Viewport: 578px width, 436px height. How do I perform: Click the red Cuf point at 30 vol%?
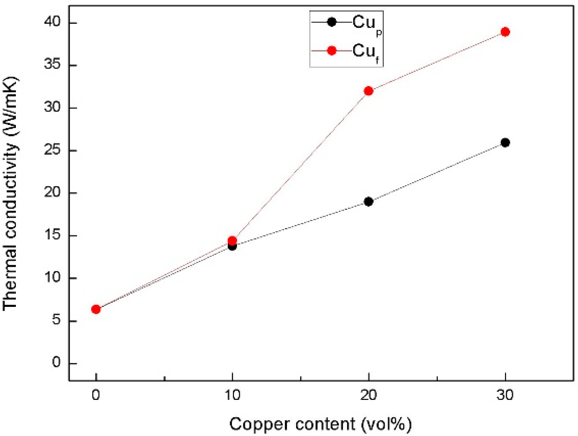(x=505, y=32)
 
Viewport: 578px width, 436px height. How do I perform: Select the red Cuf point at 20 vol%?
(x=368, y=91)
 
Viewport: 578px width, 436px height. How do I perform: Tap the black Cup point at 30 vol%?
(x=505, y=143)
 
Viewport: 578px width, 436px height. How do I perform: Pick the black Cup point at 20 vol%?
(x=368, y=202)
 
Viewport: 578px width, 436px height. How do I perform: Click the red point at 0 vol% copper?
(x=96, y=309)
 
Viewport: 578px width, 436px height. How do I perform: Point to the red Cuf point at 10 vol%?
(x=232, y=240)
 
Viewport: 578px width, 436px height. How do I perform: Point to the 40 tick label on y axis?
(x=52, y=23)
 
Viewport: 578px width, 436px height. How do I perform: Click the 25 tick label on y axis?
(x=52, y=151)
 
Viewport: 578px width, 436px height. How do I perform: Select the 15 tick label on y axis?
(x=52, y=236)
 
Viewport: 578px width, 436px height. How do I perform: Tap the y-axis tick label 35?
(x=52, y=66)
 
